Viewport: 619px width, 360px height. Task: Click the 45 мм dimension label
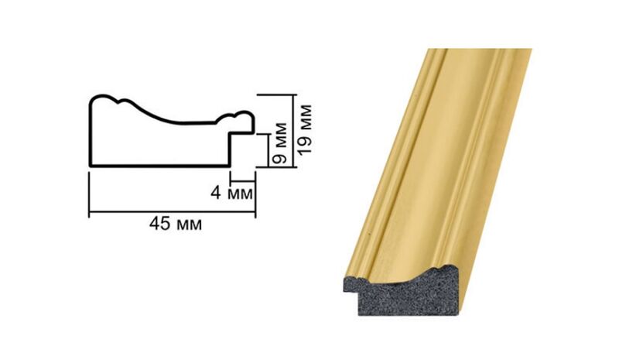pos(176,224)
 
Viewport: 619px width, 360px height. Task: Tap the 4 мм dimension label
pos(231,193)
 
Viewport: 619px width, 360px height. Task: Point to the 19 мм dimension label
pos(304,129)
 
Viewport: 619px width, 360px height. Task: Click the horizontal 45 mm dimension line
pos(172,212)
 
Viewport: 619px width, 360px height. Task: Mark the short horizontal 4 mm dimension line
pos(243,181)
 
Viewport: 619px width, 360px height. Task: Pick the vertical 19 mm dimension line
pos(294,131)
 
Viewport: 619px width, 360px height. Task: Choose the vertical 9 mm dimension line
pos(268,150)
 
